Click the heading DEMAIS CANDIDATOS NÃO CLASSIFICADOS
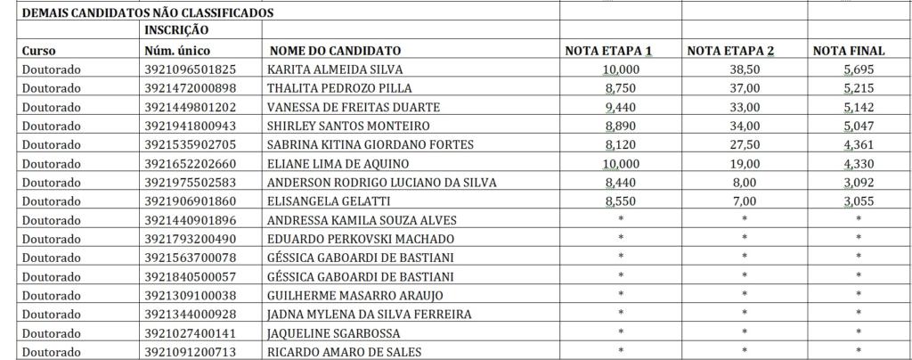point(148,13)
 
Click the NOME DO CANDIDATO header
point(335,51)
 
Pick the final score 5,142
point(859,107)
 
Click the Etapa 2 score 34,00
point(745,126)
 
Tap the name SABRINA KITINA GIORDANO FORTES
point(370,144)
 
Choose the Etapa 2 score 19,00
point(745,164)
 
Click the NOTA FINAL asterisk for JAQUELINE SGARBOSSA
point(859,331)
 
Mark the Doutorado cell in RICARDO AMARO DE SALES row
point(51,351)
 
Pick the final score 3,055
point(859,201)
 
